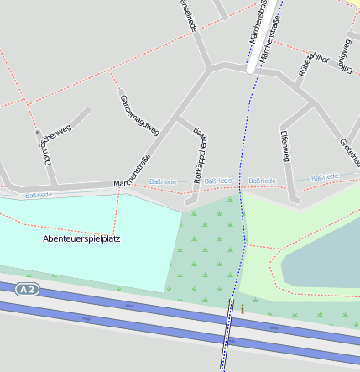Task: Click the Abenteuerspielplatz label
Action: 81,238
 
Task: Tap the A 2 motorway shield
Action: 28,290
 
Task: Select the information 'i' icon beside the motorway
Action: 243,309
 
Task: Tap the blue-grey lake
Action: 323,252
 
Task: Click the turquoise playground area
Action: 84,252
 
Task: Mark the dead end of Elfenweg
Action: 295,200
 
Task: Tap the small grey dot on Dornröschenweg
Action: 37,132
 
